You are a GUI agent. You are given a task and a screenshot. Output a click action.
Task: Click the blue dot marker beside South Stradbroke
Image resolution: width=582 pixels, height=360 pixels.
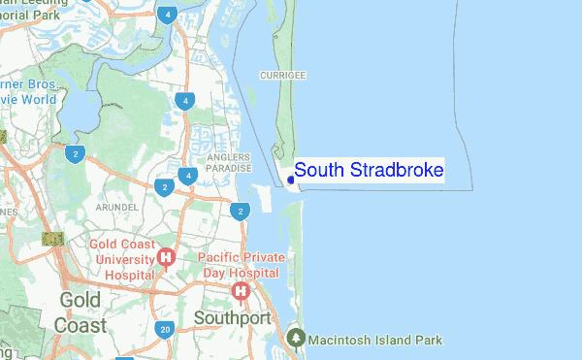(291, 179)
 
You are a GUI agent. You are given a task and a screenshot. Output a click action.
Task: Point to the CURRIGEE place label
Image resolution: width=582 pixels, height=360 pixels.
(283, 75)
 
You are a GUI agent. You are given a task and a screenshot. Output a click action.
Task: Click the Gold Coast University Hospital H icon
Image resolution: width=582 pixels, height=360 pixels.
(166, 258)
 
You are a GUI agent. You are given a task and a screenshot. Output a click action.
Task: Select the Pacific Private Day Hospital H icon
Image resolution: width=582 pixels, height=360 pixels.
(239, 290)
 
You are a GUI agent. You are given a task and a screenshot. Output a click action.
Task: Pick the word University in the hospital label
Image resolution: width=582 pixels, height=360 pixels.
(121, 259)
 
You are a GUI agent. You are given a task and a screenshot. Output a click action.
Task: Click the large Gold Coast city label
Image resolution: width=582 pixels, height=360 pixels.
(81, 311)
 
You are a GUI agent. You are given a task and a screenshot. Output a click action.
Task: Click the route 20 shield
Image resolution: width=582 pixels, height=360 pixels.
(166, 330)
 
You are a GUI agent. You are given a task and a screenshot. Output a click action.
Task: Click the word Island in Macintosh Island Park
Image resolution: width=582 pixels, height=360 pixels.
(402, 340)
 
